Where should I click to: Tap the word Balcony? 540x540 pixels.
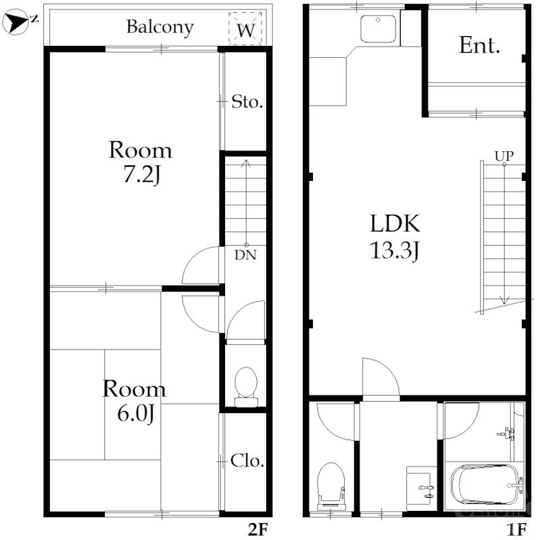[x=160, y=27]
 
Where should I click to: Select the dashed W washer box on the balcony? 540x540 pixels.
[x=245, y=28]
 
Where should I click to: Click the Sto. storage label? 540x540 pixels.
[x=247, y=102]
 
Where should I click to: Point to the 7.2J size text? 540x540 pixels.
[x=142, y=175]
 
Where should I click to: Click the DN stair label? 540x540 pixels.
[x=245, y=255]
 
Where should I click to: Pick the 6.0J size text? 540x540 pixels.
[x=136, y=414]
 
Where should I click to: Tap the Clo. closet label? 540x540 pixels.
[x=247, y=461]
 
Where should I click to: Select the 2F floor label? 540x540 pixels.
[x=257, y=529]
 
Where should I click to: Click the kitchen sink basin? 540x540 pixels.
[x=378, y=29]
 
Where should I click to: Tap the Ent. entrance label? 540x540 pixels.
[x=479, y=45]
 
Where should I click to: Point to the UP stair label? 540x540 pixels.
[x=504, y=157]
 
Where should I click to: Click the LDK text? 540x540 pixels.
[x=395, y=223]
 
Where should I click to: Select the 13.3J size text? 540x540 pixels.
[x=395, y=250]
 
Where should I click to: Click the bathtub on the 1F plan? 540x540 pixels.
[x=485, y=485]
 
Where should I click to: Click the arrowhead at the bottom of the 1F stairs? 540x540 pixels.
[x=504, y=300]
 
